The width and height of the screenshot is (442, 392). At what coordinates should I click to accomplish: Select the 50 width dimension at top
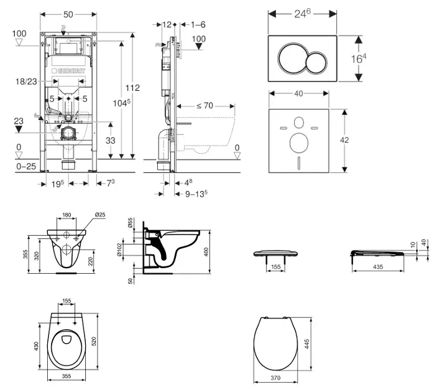tap(68, 14)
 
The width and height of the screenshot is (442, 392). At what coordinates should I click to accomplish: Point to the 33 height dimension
tap(110, 141)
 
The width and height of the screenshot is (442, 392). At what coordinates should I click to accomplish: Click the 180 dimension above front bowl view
tap(66, 215)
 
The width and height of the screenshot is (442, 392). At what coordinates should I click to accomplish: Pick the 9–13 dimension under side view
tap(195, 194)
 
